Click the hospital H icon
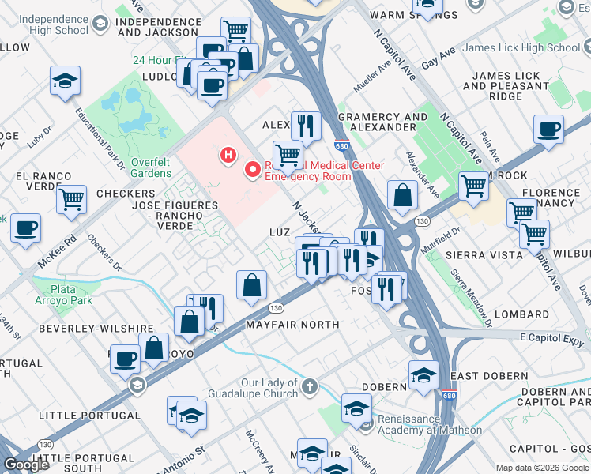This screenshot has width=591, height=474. (228, 155)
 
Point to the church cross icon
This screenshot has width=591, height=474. (309, 387)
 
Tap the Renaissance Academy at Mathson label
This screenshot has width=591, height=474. (429, 424)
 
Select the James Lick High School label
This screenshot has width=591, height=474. (521, 47)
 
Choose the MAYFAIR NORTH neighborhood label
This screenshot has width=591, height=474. (292, 325)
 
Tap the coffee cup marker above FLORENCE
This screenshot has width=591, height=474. (548, 129)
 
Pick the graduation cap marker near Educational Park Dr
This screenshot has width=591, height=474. (65, 80)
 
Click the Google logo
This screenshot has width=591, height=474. (27, 464)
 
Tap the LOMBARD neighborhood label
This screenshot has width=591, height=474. (521, 314)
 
